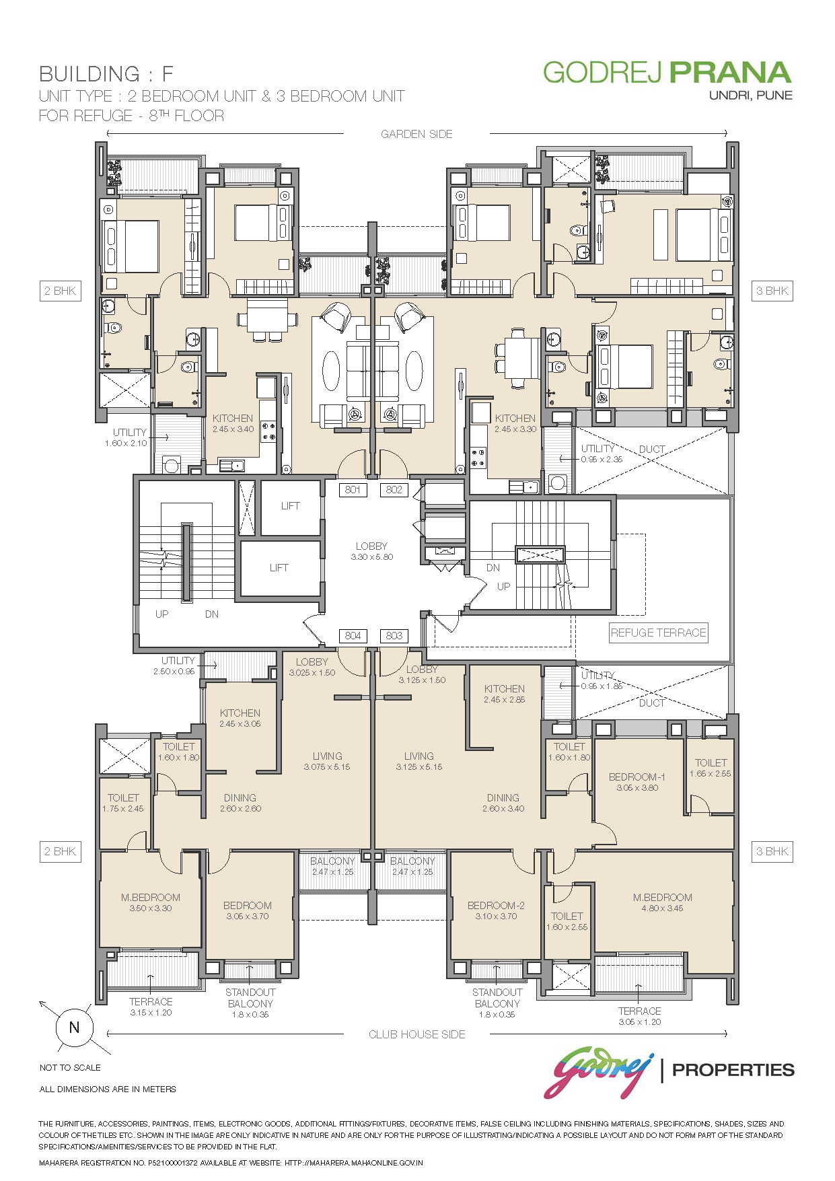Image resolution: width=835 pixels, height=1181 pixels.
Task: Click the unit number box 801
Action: coord(353,490)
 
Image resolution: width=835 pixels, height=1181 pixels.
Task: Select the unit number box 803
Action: coord(394,636)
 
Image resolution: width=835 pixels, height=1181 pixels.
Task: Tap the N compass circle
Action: coord(74,1028)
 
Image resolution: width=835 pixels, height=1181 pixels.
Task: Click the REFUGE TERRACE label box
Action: coord(659,633)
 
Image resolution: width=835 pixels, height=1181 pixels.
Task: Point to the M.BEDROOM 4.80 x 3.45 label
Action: coord(662,902)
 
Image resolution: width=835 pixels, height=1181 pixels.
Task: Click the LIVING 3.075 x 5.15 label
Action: coord(327,761)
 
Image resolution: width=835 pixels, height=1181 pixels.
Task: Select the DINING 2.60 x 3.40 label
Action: coord(503,803)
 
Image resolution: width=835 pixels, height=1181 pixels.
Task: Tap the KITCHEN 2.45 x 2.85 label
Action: coord(505,694)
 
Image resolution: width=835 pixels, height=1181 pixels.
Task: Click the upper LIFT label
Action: coord(290,506)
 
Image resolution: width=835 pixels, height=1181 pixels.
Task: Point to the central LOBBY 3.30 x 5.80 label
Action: coord(371,551)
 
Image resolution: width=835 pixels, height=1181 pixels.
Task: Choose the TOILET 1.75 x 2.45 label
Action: coord(123,803)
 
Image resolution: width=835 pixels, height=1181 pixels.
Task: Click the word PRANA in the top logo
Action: coord(730,73)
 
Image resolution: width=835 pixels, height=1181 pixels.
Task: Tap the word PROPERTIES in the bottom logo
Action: coord(733,1069)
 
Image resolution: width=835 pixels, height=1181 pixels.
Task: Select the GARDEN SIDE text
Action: coord(416,134)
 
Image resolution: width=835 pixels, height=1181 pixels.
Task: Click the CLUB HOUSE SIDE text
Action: coord(417,1034)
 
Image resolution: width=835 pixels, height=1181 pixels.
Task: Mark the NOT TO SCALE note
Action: coord(70,1068)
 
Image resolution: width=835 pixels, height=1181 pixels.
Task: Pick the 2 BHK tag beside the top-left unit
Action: coord(60,291)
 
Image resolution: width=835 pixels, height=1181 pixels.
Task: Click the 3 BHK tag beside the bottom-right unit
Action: coord(772,851)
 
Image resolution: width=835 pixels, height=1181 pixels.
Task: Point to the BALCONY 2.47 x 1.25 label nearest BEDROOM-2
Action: coord(412,866)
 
